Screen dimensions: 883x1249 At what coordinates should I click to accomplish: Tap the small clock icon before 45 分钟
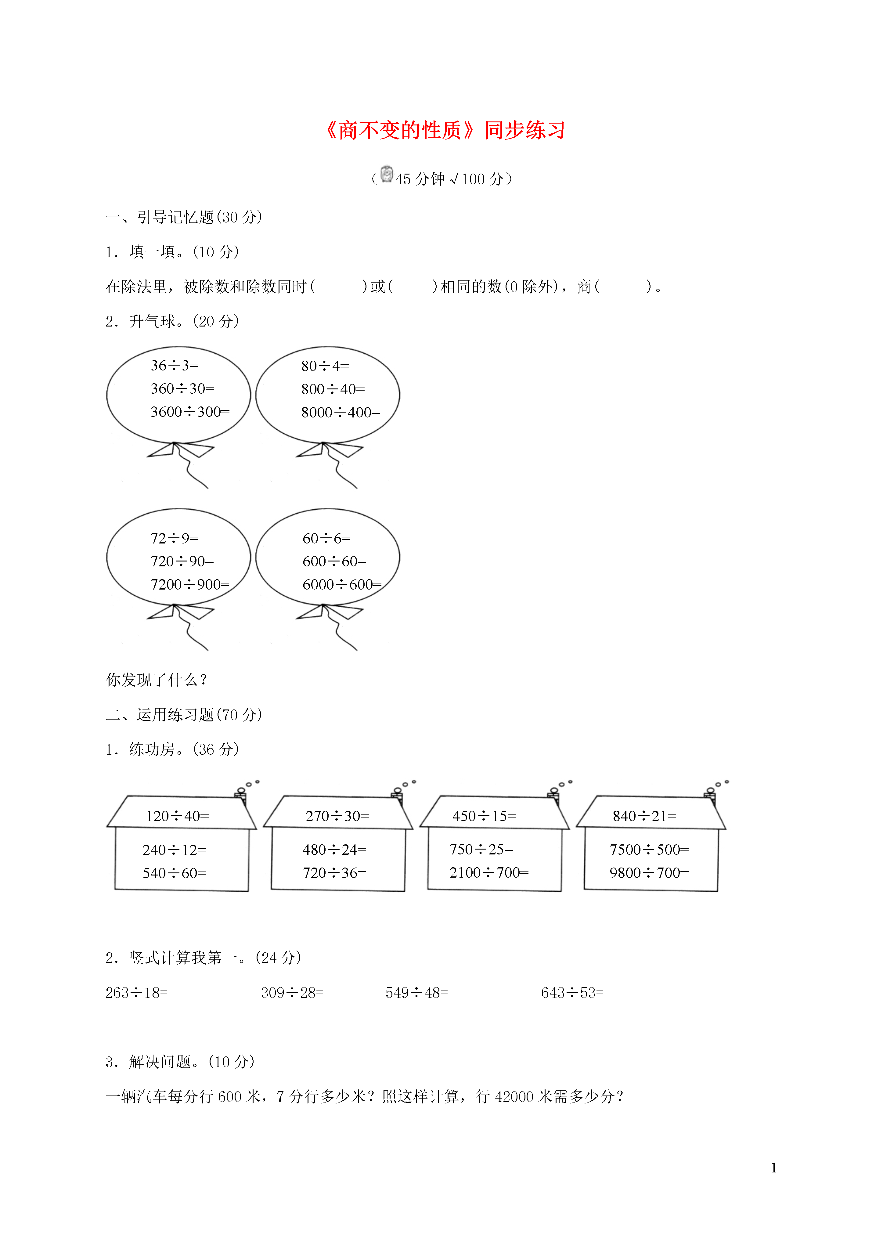pos(387,174)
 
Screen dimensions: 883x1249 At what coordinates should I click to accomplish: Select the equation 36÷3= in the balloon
pos(175,366)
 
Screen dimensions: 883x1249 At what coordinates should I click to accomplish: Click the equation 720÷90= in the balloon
pos(182,561)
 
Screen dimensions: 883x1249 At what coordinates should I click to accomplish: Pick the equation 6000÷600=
pos(342,584)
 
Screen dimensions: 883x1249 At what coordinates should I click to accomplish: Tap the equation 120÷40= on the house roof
pos(177,816)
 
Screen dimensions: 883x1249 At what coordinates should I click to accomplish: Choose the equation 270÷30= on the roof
pos(337,816)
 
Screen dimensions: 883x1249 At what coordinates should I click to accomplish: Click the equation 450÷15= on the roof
pos(484,816)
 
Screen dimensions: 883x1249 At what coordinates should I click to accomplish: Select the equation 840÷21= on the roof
pos(645,816)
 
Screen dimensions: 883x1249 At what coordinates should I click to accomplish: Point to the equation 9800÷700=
pos(649,872)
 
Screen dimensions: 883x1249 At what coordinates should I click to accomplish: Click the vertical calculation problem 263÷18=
pos(137,993)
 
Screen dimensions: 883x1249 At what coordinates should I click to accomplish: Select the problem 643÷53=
pos(572,993)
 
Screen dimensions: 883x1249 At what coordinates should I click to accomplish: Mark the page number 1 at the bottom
pos(774,1168)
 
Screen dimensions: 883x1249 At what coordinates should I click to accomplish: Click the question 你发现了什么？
pos(157,680)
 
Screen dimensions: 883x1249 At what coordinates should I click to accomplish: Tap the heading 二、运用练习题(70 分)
pos(184,715)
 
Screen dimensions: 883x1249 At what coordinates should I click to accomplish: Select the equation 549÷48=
pos(417,993)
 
